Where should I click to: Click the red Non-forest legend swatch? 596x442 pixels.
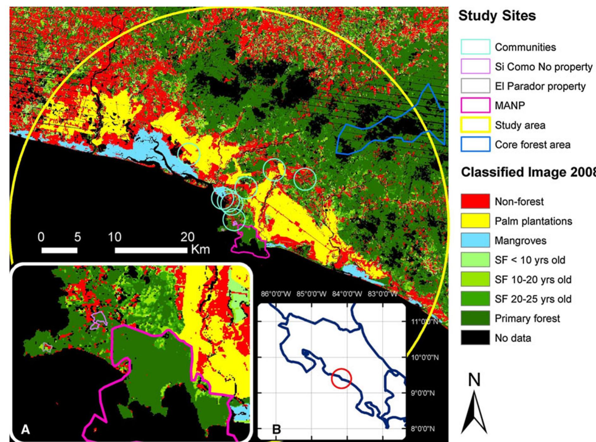[475, 201]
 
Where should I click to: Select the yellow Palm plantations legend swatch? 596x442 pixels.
[475, 221]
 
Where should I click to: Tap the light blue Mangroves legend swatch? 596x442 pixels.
[475, 241]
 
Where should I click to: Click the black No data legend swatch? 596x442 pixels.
[475, 338]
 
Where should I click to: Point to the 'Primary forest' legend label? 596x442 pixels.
[527, 318]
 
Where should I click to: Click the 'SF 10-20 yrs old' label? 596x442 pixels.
[533, 279]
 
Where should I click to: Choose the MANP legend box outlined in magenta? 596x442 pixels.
[475, 106]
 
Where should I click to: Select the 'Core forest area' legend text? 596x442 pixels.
[532, 145]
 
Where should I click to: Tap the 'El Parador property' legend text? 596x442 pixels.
[540, 86]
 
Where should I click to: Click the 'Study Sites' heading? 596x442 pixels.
[497, 15]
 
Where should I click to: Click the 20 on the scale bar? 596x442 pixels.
[187, 237]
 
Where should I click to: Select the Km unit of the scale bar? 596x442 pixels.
[200, 249]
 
